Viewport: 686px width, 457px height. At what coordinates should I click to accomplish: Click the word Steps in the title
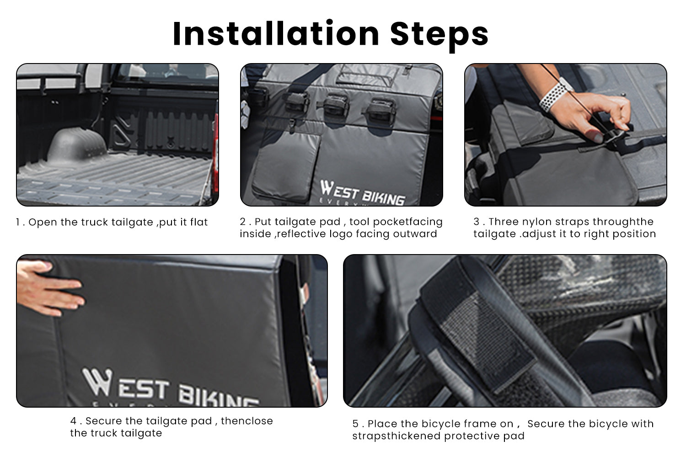tap(439, 34)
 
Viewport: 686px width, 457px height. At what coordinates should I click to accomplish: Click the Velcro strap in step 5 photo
tap(480, 329)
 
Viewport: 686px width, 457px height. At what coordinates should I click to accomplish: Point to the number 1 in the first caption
tap(18, 223)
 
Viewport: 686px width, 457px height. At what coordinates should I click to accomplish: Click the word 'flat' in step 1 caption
tap(198, 222)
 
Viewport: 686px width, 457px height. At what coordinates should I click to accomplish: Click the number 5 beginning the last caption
tap(355, 424)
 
